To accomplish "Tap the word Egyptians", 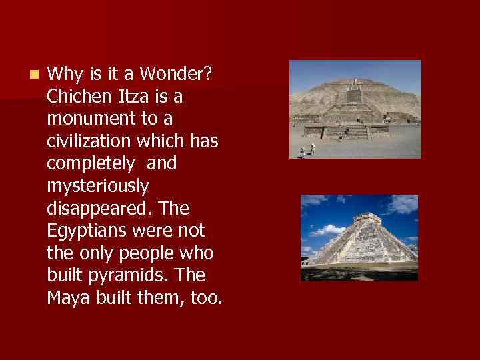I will click(87, 231).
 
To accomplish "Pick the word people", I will click(143, 254).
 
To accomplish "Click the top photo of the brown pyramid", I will click(355, 109).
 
